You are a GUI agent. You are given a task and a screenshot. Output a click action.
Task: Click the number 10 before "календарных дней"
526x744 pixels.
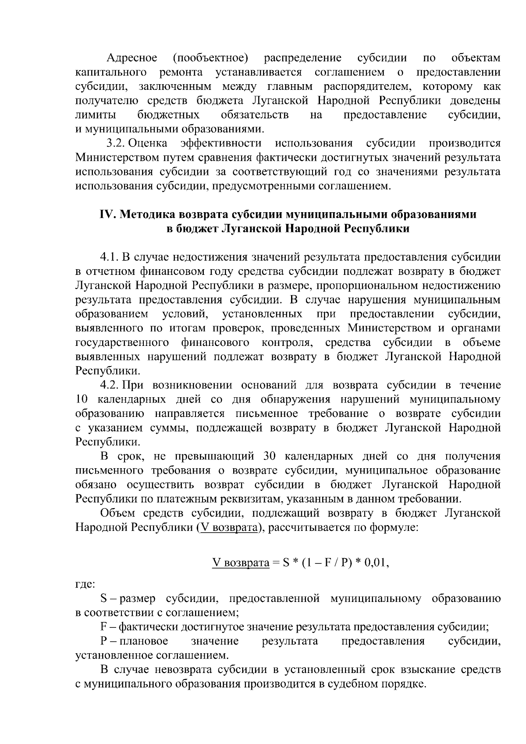coord(82,399)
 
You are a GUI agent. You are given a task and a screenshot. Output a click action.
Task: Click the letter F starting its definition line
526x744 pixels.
coord(104,627)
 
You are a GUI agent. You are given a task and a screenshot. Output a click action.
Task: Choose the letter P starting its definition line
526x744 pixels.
coord(104,641)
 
